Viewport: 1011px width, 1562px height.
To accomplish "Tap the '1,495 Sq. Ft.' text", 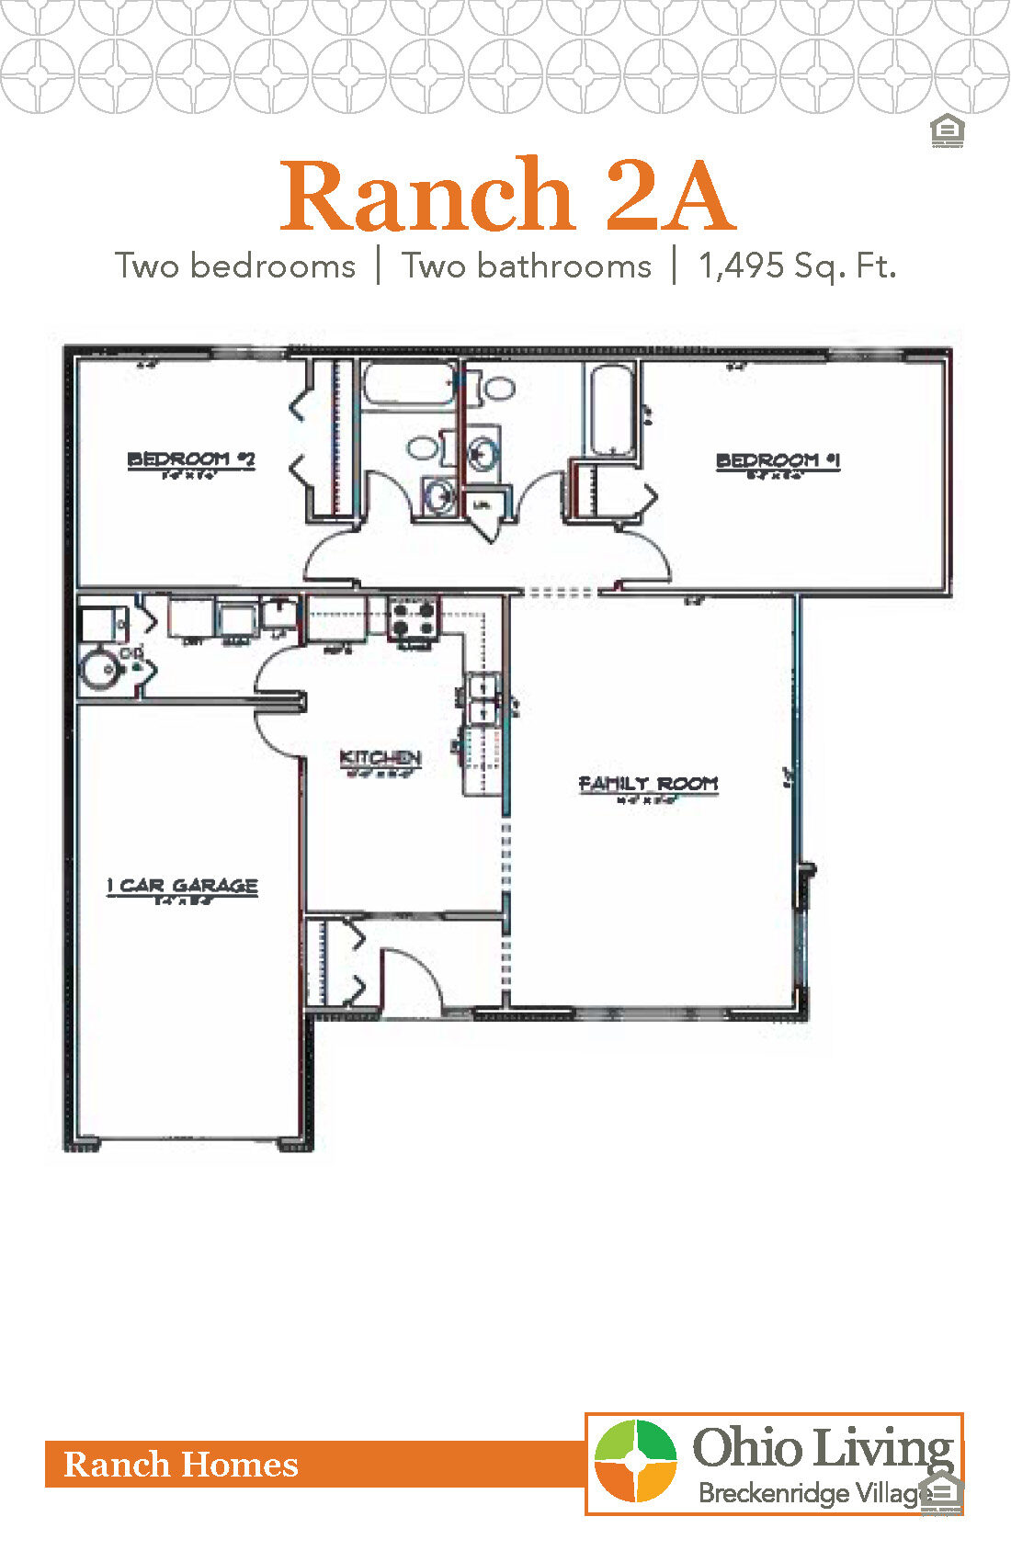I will click(797, 266).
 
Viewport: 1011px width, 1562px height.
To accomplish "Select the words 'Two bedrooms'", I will click(235, 266).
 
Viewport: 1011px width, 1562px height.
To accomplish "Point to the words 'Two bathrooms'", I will click(527, 266).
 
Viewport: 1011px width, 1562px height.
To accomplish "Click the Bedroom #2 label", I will click(191, 459).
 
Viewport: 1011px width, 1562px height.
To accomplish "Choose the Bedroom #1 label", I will click(778, 460).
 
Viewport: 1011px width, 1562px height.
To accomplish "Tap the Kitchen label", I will click(381, 758).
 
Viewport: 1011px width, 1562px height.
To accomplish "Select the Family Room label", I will click(648, 784).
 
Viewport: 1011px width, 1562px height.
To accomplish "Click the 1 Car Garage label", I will click(182, 886).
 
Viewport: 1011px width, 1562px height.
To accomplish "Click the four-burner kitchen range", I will click(413, 617).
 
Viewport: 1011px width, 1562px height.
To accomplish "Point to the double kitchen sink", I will click(482, 699).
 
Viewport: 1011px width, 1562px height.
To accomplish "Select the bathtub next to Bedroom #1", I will click(611, 410).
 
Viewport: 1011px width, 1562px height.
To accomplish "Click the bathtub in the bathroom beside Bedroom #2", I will click(408, 384).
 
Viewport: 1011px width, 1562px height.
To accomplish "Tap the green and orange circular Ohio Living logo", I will click(635, 1461).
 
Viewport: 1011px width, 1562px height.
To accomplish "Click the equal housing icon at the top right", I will click(947, 131).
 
